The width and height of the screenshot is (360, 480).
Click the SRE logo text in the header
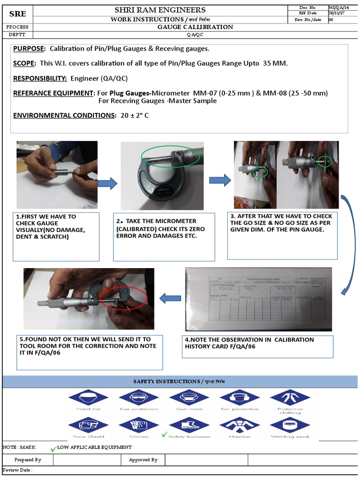[x=17, y=14]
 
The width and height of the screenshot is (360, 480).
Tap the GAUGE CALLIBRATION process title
[x=195, y=27]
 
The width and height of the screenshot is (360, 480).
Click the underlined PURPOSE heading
[x=29, y=49]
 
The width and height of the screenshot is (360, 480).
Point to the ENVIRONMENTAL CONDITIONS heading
[x=64, y=115]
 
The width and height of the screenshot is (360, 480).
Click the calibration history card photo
[x=258, y=299]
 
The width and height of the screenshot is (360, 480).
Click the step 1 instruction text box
[x=56, y=236]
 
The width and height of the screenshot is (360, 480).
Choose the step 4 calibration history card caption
[x=257, y=346]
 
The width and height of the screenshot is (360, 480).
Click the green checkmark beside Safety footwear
[x=164, y=435]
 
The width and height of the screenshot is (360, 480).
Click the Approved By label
[x=143, y=460]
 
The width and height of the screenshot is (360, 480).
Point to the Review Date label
[x=17, y=470]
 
